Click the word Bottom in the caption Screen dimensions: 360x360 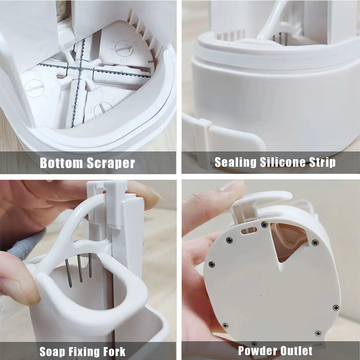[x=61, y=163]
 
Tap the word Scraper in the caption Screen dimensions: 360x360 [x=111, y=163]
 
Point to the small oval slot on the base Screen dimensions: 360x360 [x=248, y=229]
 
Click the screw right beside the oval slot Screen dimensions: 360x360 [x=265, y=225]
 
